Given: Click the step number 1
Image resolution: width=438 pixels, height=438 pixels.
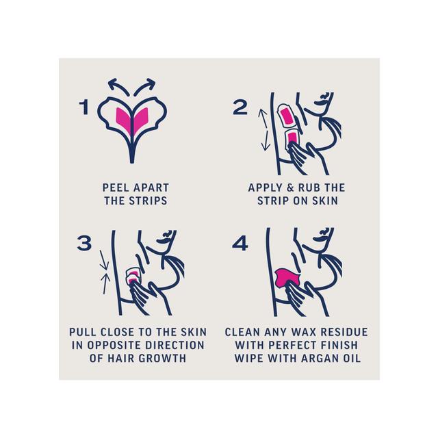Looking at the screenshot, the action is coord(84,107).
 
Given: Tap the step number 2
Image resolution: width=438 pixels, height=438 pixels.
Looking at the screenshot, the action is coord(240,107).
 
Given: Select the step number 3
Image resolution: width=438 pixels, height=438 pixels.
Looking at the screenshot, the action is coord(84,243).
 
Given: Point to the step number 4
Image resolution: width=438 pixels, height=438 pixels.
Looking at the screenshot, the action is coord(240,243).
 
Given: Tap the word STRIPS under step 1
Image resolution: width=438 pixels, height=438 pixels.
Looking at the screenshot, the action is coord(148,201).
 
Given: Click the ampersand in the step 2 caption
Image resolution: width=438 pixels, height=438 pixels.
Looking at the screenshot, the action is coord(290,188).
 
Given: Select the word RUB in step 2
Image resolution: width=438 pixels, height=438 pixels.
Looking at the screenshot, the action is coord(309,188).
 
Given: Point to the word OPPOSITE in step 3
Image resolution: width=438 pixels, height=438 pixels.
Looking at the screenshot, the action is coord(115,345).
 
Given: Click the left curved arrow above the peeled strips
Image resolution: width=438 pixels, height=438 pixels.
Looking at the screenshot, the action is coord(117,86).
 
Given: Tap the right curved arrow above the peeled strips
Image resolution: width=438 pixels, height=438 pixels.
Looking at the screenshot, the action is coord(145,86).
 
